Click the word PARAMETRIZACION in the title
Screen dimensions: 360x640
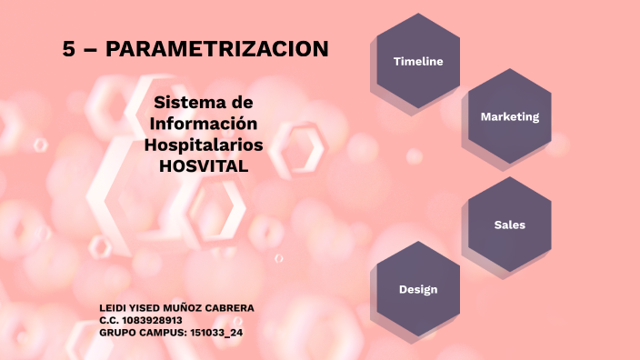pos(217,50)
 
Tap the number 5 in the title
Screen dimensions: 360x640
pos(68,50)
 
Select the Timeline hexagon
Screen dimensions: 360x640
pos(418,62)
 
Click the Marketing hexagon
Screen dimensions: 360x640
pos(510,116)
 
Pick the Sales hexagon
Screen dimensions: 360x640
pos(510,225)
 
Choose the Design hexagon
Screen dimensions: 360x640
pos(418,289)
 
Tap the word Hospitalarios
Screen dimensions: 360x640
pos(204,145)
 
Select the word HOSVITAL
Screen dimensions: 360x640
pos(204,166)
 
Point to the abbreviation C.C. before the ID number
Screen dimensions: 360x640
pos(109,320)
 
